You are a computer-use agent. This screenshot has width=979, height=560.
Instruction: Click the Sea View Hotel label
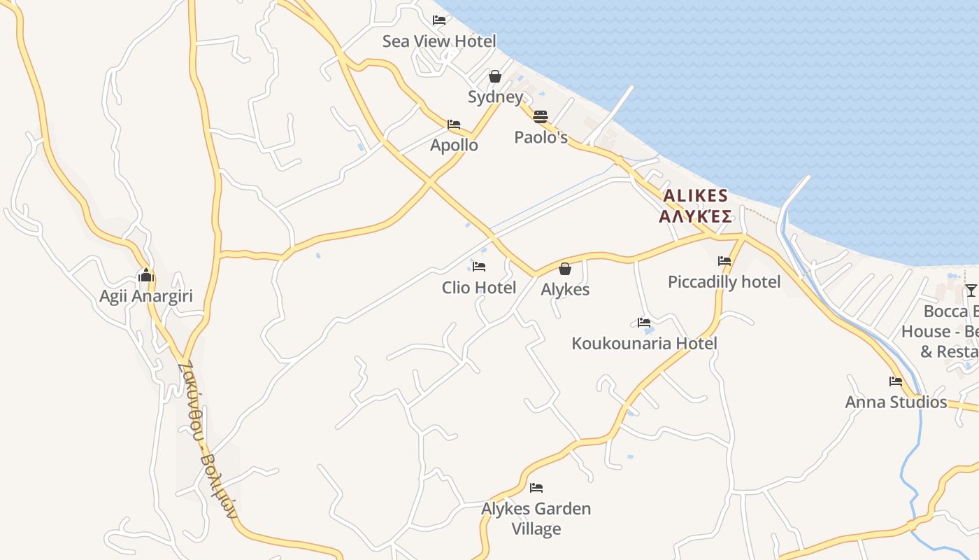coord(439,41)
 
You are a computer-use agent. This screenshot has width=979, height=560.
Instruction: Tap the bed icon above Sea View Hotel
coord(439,20)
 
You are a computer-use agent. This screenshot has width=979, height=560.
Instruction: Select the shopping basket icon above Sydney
coord(495,76)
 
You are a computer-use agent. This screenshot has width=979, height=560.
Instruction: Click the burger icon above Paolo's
coord(540,116)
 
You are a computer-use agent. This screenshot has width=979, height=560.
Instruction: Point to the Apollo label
coord(455,146)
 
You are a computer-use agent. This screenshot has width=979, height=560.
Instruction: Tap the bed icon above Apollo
coord(454,125)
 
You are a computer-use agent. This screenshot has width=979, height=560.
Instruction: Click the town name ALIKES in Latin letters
coord(695,196)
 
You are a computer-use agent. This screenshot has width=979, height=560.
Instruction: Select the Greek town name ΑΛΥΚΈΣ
coord(695,216)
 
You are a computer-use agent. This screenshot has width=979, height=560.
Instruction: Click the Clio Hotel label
coord(479,288)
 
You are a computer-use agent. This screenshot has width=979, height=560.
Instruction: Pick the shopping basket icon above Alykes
coord(565,269)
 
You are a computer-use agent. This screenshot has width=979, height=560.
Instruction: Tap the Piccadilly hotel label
coord(724,282)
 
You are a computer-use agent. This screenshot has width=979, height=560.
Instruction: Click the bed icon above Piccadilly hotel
coord(724,261)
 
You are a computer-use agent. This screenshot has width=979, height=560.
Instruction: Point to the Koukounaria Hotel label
coord(644,344)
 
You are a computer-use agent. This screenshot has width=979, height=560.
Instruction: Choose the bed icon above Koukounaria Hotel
coord(644,323)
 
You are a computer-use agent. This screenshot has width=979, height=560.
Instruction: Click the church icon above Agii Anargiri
coord(145,275)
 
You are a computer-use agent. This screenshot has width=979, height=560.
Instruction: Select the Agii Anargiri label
coord(145,296)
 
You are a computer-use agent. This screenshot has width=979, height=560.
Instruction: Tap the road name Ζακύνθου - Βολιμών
coord(208,440)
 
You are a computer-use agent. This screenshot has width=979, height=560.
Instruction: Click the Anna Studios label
coord(896,402)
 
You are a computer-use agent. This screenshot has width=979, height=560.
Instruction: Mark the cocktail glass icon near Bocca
coord(971,290)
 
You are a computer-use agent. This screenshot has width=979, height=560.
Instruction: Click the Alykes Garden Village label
coord(536,519)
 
